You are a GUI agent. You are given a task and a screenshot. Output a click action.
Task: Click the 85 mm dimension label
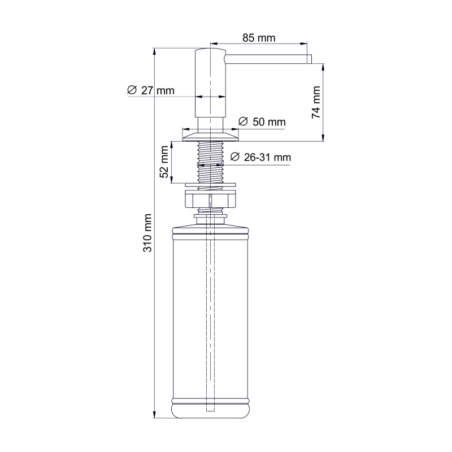259,38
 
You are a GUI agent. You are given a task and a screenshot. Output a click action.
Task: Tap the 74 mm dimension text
316,102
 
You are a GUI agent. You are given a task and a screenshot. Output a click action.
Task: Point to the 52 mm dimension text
164,162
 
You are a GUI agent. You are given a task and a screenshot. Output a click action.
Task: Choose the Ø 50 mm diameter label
262,122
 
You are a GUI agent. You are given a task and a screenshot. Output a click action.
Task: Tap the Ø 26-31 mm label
260,158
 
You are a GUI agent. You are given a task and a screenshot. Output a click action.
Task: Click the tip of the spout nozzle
309,59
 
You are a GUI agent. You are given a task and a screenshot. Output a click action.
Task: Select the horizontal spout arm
266,59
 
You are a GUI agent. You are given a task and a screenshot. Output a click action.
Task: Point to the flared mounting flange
210,134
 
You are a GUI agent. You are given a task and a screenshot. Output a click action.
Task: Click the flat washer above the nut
210,184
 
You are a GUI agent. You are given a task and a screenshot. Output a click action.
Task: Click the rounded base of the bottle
210,410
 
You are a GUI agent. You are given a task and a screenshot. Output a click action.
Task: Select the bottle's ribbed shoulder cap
210,228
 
